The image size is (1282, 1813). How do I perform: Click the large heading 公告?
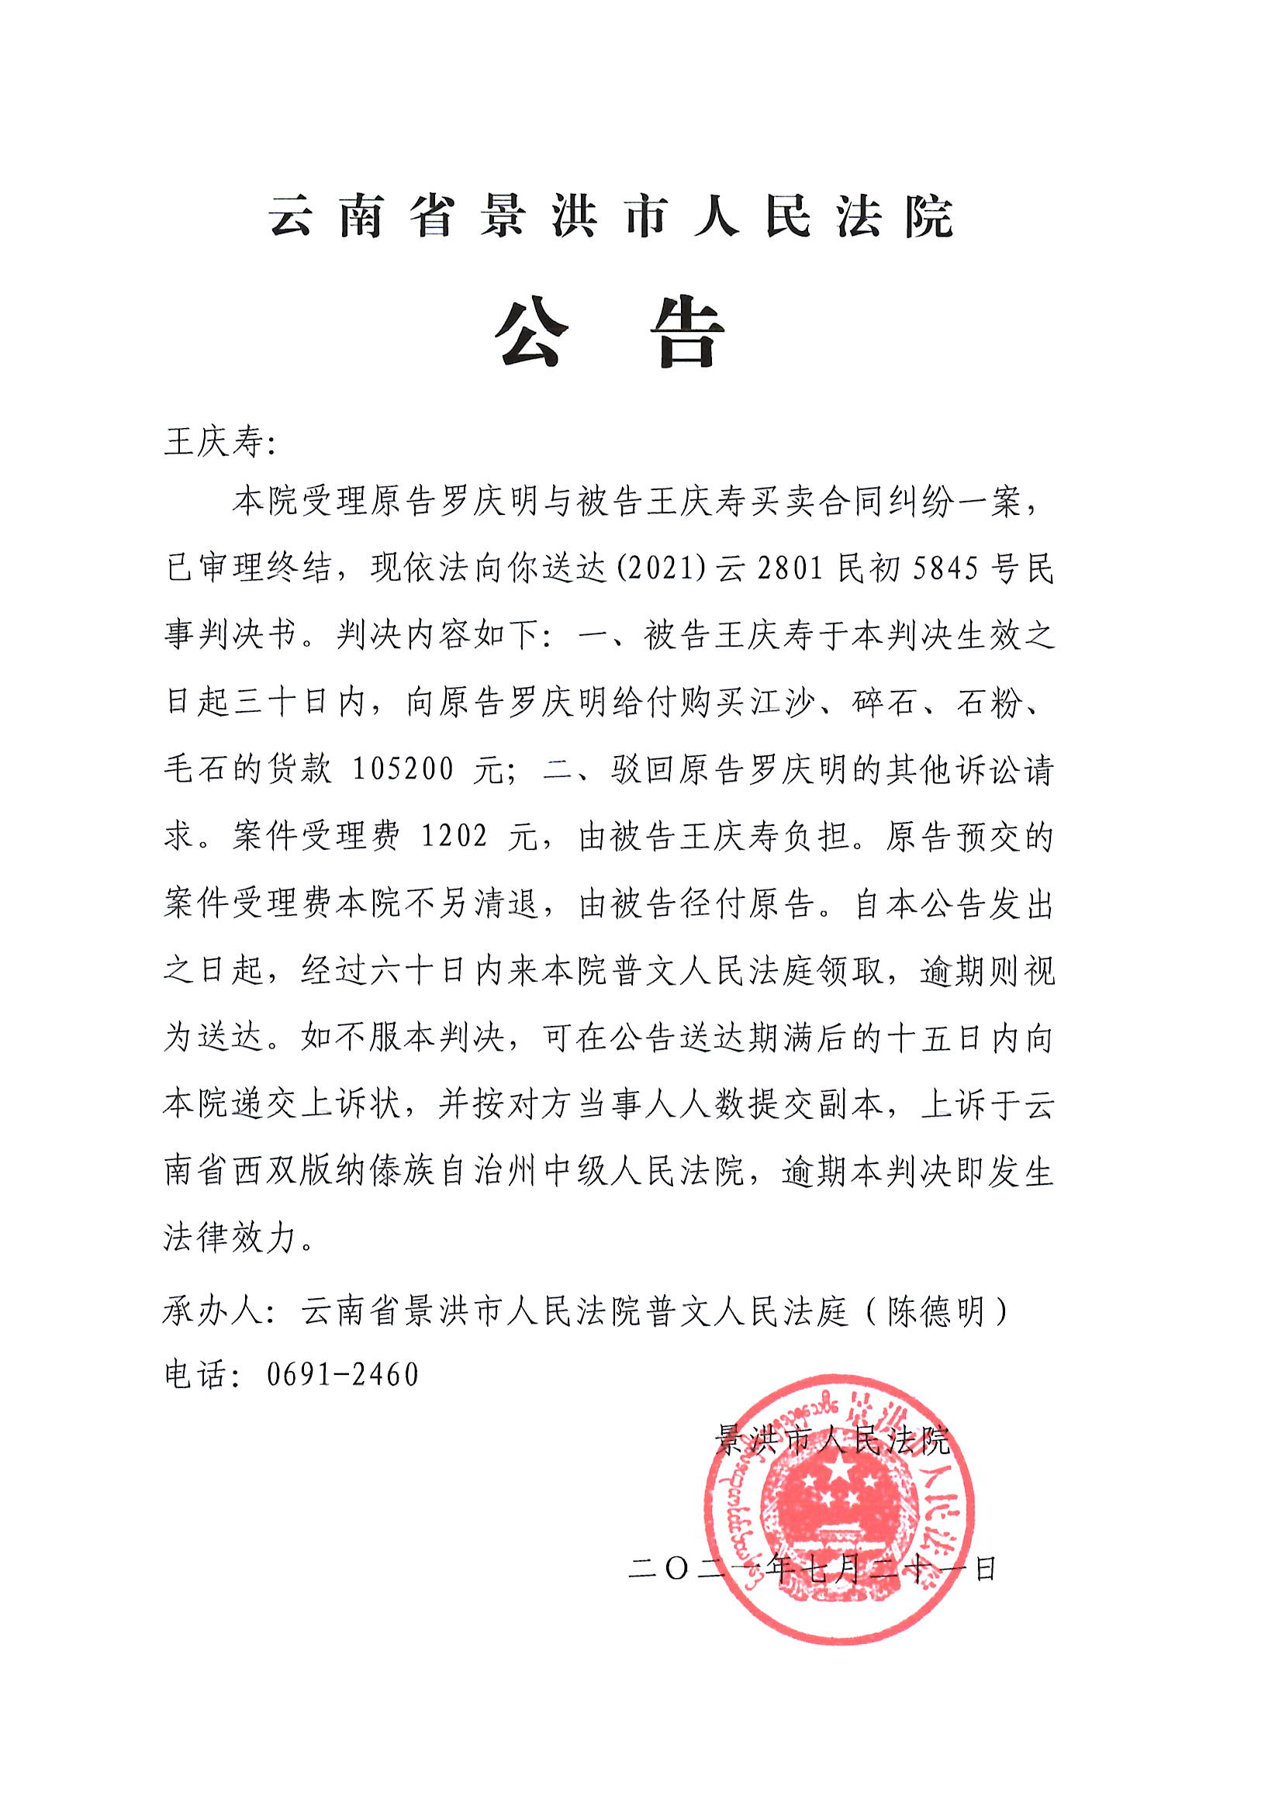click(610, 333)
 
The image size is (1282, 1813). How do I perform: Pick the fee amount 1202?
click(454, 835)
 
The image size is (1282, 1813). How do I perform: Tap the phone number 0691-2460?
click(342, 1375)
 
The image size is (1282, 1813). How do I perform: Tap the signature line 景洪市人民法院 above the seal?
click(831, 1441)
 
